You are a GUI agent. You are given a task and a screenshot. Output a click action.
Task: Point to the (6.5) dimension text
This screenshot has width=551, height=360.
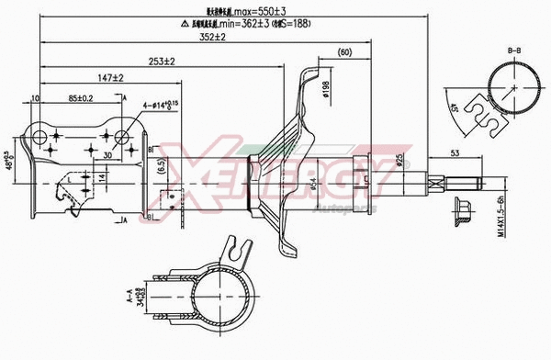[x=160, y=167]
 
